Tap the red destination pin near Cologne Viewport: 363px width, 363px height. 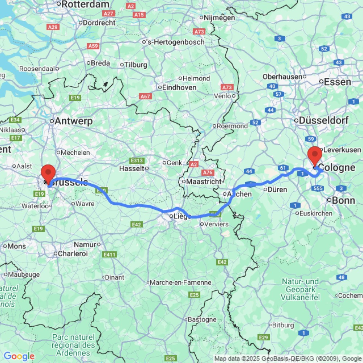[x=314, y=155]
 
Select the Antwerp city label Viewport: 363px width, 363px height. [x=73, y=121]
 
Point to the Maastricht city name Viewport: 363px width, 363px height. [x=204, y=181]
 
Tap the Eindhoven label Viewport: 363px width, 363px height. [x=179, y=87]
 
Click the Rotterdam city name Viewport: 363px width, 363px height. [x=86, y=4]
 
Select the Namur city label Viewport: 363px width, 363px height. [x=85, y=244]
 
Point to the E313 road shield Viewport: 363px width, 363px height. [x=138, y=160]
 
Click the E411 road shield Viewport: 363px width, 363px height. [x=109, y=255]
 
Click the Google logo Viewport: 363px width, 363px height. [x=19, y=356]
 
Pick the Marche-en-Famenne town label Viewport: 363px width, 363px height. [x=180, y=282]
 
